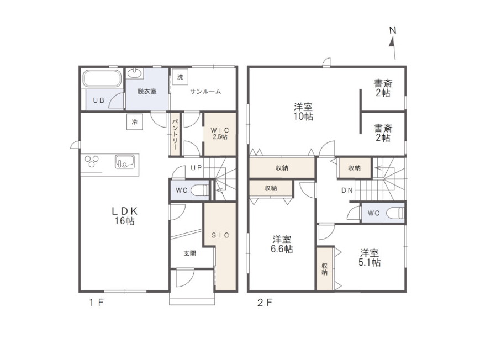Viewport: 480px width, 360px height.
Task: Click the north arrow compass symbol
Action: (x=393, y=44)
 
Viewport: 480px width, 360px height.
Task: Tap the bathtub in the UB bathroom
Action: (x=102, y=78)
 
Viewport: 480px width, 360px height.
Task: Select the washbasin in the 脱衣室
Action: (x=134, y=73)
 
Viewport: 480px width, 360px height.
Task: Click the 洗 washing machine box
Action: (x=180, y=77)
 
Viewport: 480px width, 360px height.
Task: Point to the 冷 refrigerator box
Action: (x=134, y=122)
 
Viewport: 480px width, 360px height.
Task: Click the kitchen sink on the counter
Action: (x=125, y=162)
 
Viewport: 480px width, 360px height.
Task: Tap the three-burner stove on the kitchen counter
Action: (x=92, y=161)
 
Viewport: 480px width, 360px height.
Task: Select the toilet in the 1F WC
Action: (x=199, y=190)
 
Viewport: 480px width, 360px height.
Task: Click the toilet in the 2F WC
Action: (x=395, y=213)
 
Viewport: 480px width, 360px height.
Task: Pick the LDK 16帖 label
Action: (x=124, y=216)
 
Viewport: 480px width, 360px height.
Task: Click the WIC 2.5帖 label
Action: (x=220, y=134)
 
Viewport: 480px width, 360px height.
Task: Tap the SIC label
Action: (x=220, y=235)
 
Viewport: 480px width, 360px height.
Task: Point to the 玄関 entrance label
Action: (x=190, y=253)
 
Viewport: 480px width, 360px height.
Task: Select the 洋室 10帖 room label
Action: (x=303, y=112)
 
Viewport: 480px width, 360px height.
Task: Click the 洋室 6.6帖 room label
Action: (x=282, y=244)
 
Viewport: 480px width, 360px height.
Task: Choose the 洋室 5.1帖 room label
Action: (x=370, y=258)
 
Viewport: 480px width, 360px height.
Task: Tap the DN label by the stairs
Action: (x=347, y=190)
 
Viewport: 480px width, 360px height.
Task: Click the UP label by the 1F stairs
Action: (x=196, y=168)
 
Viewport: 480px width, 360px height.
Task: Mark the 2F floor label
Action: (x=265, y=303)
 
